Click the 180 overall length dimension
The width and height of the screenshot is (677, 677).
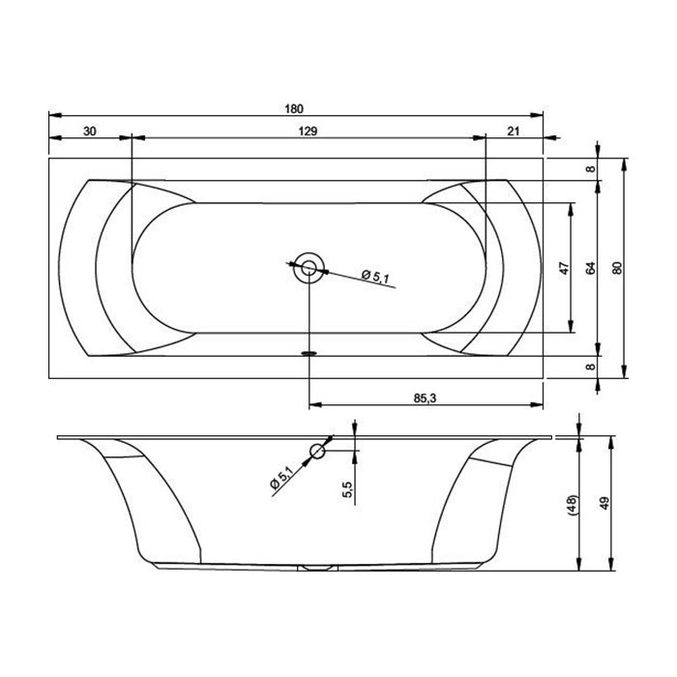(294, 108)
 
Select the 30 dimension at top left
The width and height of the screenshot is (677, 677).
(89, 131)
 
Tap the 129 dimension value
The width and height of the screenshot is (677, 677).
(308, 131)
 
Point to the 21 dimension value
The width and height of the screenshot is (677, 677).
(513, 131)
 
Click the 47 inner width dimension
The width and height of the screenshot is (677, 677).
(564, 268)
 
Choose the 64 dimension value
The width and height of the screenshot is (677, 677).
(591, 268)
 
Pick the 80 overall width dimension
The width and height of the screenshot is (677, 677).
(617, 268)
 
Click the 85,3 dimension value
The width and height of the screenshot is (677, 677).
(426, 398)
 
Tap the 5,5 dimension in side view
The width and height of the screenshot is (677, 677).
(348, 489)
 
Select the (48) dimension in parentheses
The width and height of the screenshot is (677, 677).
(573, 504)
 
